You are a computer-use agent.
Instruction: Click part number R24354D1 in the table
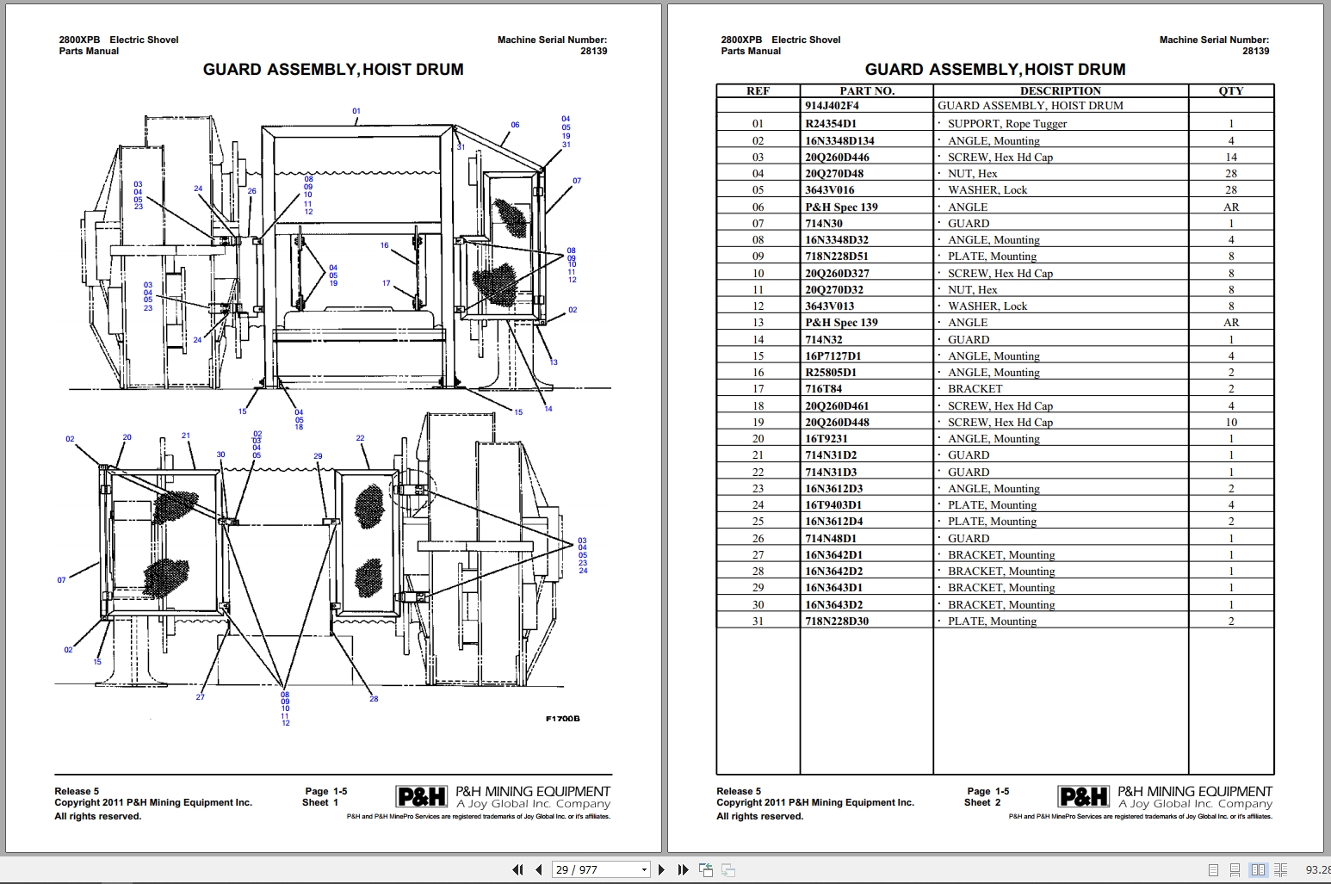pos(832,123)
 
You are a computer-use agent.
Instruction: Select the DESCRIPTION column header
pos(1060,90)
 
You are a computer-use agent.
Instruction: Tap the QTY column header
pos(1230,90)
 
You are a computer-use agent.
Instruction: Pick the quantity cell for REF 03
pos(1230,157)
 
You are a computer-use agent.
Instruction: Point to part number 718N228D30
pos(836,621)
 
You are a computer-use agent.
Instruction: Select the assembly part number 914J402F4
pos(832,106)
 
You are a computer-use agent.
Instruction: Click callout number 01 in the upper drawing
pos(356,111)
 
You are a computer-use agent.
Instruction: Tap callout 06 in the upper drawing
pos(515,125)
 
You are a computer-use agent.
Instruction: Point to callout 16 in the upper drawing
pos(385,245)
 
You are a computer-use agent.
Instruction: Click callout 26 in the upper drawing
pos(251,191)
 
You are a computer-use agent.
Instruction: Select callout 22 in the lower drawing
pos(360,438)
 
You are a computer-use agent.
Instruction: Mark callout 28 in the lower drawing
pos(374,699)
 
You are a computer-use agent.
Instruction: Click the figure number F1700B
pos(562,719)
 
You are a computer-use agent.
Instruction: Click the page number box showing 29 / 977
pos(600,869)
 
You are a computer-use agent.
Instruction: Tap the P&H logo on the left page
pos(422,797)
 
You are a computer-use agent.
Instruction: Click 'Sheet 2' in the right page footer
pos(981,802)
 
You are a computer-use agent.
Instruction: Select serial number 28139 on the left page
pos(593,51)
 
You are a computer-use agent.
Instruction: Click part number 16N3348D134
pos(839,140)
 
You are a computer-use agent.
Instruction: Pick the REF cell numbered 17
pos(758,388)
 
